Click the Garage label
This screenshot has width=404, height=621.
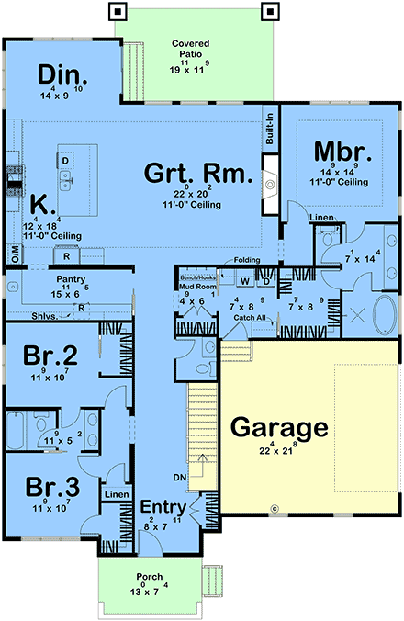[278, 427]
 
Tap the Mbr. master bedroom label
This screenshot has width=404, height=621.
[341, 152]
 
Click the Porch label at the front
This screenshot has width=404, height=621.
[148, 578]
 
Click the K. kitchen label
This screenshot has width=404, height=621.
[39, 204]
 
